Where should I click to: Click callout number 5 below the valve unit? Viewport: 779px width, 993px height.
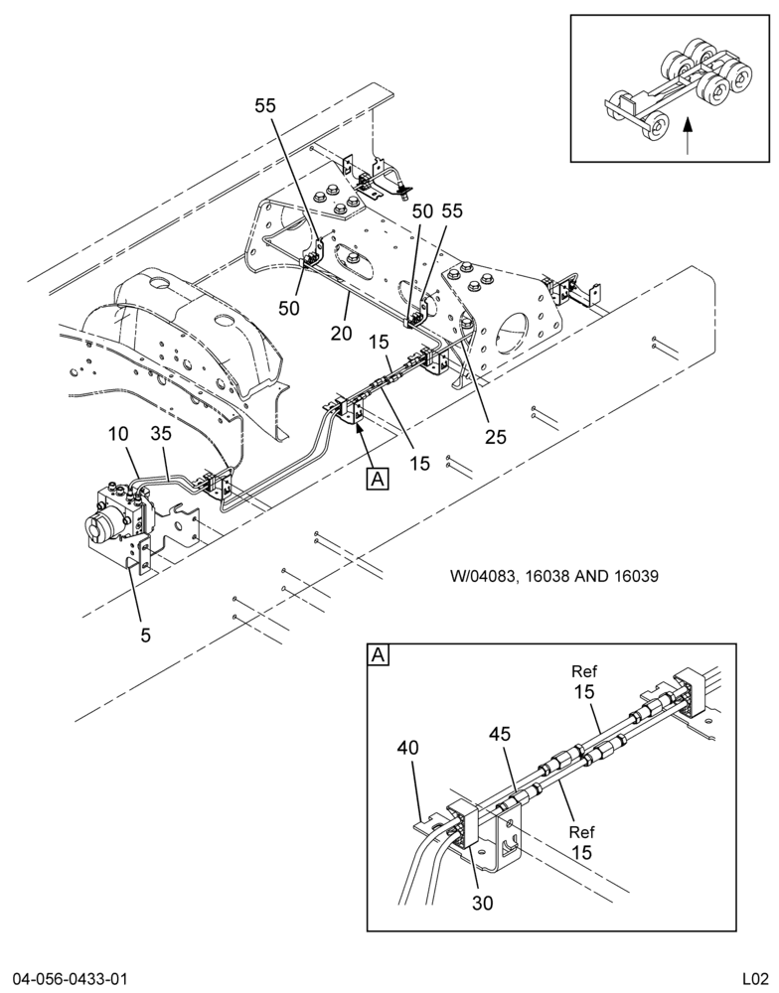tap(146, 635)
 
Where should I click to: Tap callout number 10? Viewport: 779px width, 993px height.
tap(118, 434)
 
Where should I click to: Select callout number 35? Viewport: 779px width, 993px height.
tap(161, 434)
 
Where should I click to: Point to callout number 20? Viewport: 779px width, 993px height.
tap(341, 332)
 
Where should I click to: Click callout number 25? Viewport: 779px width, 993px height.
tap(496, 436)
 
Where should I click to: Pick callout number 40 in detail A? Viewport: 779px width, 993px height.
tap(407, 748)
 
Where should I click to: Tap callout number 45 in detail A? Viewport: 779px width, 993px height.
tap(500, 734)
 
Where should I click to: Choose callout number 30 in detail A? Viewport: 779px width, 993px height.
tap(482, 903)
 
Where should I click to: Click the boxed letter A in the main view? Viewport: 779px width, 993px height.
tap(378, 479)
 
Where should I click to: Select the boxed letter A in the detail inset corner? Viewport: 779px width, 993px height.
tap(379, 654)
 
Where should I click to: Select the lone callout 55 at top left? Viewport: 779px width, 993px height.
tap(265, 106)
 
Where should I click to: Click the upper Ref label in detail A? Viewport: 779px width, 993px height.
tap(584, 671)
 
